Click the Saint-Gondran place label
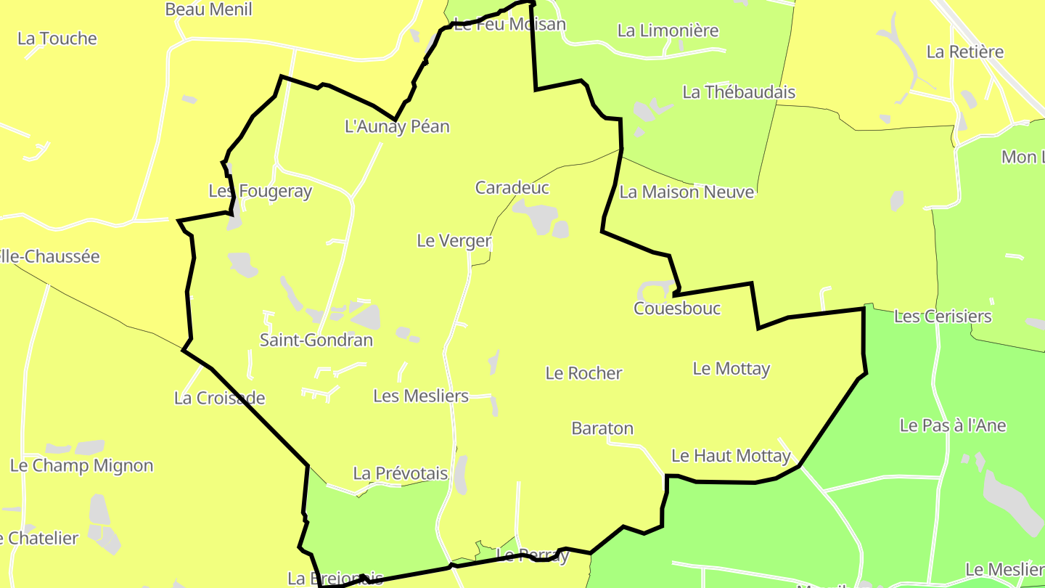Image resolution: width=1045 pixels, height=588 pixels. tap(316, 340)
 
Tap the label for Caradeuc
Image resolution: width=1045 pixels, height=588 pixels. tap(512, 188)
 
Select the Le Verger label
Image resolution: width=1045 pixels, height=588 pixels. tap(454, 241)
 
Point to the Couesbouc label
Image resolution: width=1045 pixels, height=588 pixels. tap(677, 309)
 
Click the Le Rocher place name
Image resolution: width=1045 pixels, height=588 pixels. tap(584, 373)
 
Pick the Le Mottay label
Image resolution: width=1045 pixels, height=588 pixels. tap(731, 369)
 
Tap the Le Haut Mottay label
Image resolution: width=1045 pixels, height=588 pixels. tap(731, 456)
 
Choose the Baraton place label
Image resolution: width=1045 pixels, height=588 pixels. tap(602, 428)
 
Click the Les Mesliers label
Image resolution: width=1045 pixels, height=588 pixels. tap(421, 396)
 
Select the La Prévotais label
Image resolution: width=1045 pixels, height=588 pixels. tap(401, 474)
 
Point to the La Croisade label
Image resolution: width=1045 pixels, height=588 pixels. tap(220, 398)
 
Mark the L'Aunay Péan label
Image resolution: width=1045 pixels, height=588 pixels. tap(397, 127)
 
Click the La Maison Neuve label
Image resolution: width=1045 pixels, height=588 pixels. tap(687, 192)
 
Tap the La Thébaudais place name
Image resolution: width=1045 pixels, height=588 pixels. tap(739, 92)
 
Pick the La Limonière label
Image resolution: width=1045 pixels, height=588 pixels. tap(668, 30)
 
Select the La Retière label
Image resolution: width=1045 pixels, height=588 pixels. tap(965, 52)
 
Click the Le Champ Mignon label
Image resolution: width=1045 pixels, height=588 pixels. tap(82, 466)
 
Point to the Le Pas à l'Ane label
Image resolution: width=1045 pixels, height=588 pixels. tap(953, 425)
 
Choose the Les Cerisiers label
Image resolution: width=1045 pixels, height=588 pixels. tap(943, 317)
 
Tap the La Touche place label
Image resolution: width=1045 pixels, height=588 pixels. tap(57, 38)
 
